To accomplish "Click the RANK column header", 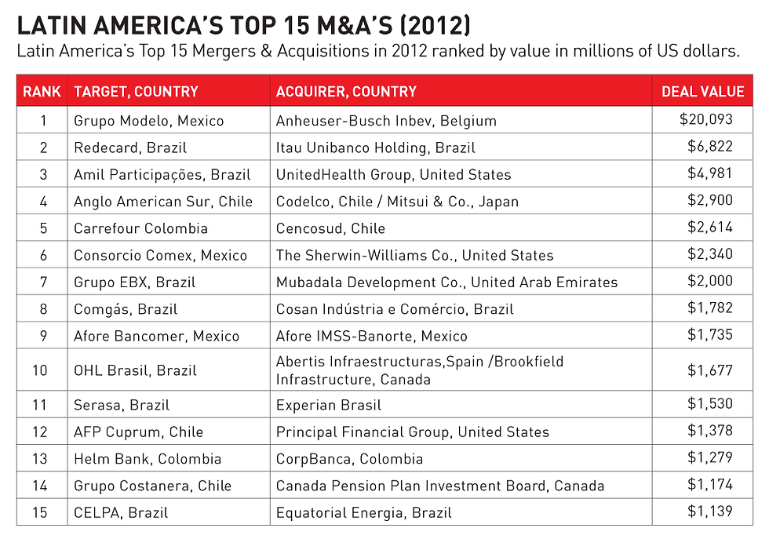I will click(42, 92).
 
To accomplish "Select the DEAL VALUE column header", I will click(702, 92).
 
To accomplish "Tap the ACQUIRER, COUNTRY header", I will click(346, 92).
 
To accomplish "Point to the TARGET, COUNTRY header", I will click(136, 92).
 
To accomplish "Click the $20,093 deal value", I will click(706, 120).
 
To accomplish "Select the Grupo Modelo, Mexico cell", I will click(148, 121).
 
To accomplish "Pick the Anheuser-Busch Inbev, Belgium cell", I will click(386, 121).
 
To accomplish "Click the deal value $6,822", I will click(710, 147).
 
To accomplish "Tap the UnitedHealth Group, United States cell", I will click(393, 174).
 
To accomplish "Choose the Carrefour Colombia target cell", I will click(140, 228).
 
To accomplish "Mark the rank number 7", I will click(43, 282).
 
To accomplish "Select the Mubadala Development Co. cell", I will click(446, 282).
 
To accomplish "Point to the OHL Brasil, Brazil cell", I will click(135, 370).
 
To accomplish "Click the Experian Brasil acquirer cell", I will click(328, 406).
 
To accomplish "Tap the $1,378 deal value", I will click(710, 431).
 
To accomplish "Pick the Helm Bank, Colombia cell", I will click(148, 459).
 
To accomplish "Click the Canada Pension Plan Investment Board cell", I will click(440, 486).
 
